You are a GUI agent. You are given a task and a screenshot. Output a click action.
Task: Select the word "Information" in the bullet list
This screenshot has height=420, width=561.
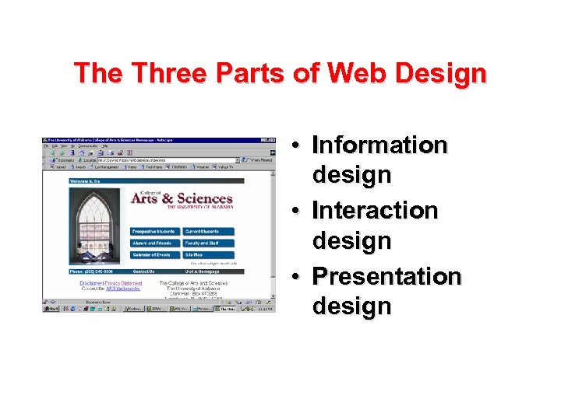click(379, 145)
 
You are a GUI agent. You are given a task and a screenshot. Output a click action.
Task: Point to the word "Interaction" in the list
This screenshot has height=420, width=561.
click(375, 211)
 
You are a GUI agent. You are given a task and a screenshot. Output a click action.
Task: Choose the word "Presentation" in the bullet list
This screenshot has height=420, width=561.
click(386, 277)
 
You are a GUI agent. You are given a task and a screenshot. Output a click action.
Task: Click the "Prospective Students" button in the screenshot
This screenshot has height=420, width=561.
click(154, 232)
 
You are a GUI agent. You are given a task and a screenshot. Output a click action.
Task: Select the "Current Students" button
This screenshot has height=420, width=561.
click(207, 232)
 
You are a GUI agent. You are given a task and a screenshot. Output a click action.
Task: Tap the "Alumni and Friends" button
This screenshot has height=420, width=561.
click(154, 243)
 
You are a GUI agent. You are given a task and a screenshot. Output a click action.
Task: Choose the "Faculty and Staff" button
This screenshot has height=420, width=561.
click(207, 243)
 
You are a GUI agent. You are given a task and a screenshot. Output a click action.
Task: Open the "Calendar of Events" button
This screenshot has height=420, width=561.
click(154, 255)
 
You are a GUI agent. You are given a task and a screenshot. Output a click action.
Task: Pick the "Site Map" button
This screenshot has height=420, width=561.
click(207, 255)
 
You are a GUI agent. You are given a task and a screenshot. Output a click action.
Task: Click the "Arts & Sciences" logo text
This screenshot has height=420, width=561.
click(182, 199)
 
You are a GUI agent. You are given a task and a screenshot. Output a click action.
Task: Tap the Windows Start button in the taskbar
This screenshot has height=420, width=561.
click(51, 309)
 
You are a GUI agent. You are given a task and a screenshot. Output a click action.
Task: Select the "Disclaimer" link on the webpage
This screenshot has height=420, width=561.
click(92, 284)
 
